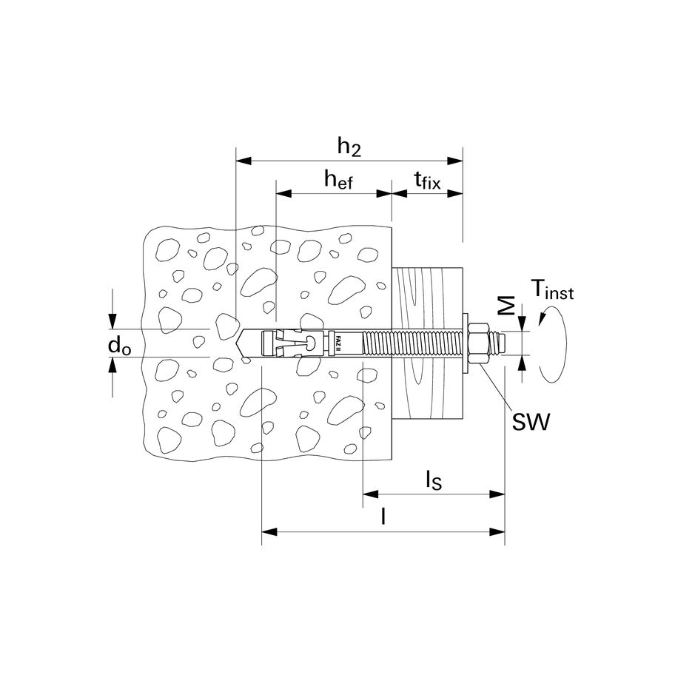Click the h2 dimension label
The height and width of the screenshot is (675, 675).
349,147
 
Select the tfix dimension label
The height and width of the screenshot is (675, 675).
427,179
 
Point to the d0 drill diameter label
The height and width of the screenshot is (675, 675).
120,345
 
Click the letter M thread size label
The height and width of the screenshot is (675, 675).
506,307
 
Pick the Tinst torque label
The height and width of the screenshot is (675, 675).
551,290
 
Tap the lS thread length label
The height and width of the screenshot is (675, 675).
433,481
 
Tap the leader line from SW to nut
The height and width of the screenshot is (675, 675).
497,389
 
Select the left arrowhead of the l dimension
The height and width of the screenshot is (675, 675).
269,531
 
